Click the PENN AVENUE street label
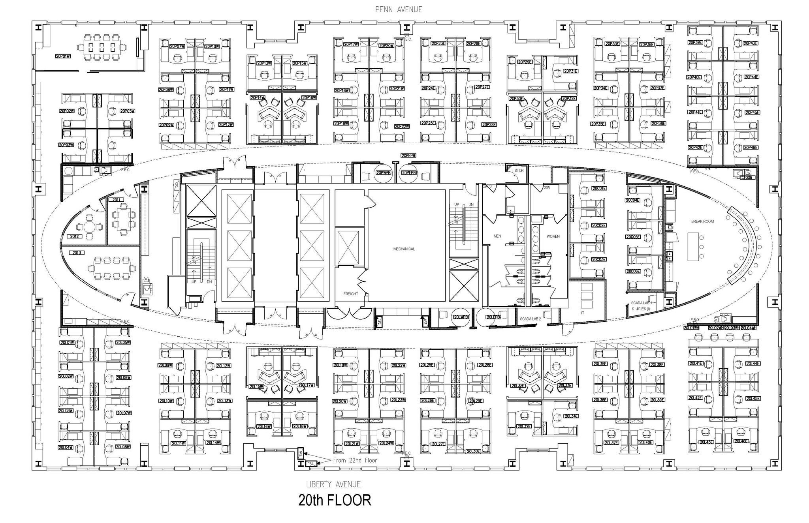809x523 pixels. pyautogui.click(x=398, y=9)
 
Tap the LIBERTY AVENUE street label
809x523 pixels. pyautogui.click(x=333, y=484)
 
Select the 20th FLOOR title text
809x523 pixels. pyautogui.click(x=335, y=500)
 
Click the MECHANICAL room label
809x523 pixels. pyautogui.click(x=404, y=249)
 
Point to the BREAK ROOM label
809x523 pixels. pyautogui.click(x=702, y=221)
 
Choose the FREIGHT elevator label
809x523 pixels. pyautogui.click(x=350, y=294)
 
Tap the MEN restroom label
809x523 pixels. pyautogui.click(x=497, y=236)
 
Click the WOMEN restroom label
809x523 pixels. pyautogui.click(x=553, y=236)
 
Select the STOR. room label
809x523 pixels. pyautogui.click(x=519, y=171)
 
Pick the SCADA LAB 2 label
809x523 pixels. pyautogui.click(x=530, y=319)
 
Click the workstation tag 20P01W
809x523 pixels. pyautogui.click(x=63, y=56)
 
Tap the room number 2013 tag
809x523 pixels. pyautogui.click(x=77, y=253)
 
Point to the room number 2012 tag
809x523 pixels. pyautogui.click(x=74, y=236)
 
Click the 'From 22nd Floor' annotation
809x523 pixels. pyautogui.click(x=355, y=460)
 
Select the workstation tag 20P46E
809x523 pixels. pyautogui.click(x=750, y=148)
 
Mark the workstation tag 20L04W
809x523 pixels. pyautogui.click(x=66, y=447)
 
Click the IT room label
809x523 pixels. pyautogui.click(x=582, y=313)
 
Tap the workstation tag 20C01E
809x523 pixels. pyautogui.click(x=599, y=188)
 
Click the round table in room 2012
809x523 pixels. pyautogui.click(x=89, y=227)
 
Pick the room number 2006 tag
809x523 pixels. pyautogui.click(x=747, y=178)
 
